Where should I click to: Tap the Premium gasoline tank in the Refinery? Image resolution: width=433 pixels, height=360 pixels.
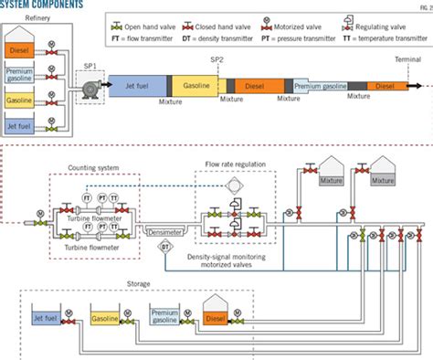pyautogui.click(x=20, y=76)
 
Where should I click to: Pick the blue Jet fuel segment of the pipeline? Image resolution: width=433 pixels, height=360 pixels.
pyautogui.click(x=137, y=85)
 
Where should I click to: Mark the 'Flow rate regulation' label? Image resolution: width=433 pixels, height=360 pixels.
pyautogui.click(x=235, y=164)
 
